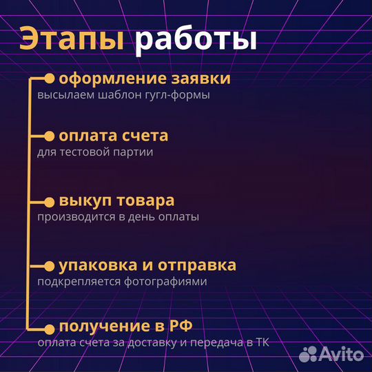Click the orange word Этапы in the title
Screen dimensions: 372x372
pos(71,40)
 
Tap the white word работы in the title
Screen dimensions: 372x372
pos(195,40)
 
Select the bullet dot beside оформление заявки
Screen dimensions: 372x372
pos(49,79)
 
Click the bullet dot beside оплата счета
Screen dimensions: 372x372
pos(49,136)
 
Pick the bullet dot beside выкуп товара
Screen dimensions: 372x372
pos(49,202)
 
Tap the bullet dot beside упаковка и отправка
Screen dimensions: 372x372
pos(49,266)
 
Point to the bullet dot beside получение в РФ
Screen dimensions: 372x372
pos(49,327)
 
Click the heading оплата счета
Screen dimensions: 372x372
pos(113,136)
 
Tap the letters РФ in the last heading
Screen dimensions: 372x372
pos(176,326)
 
